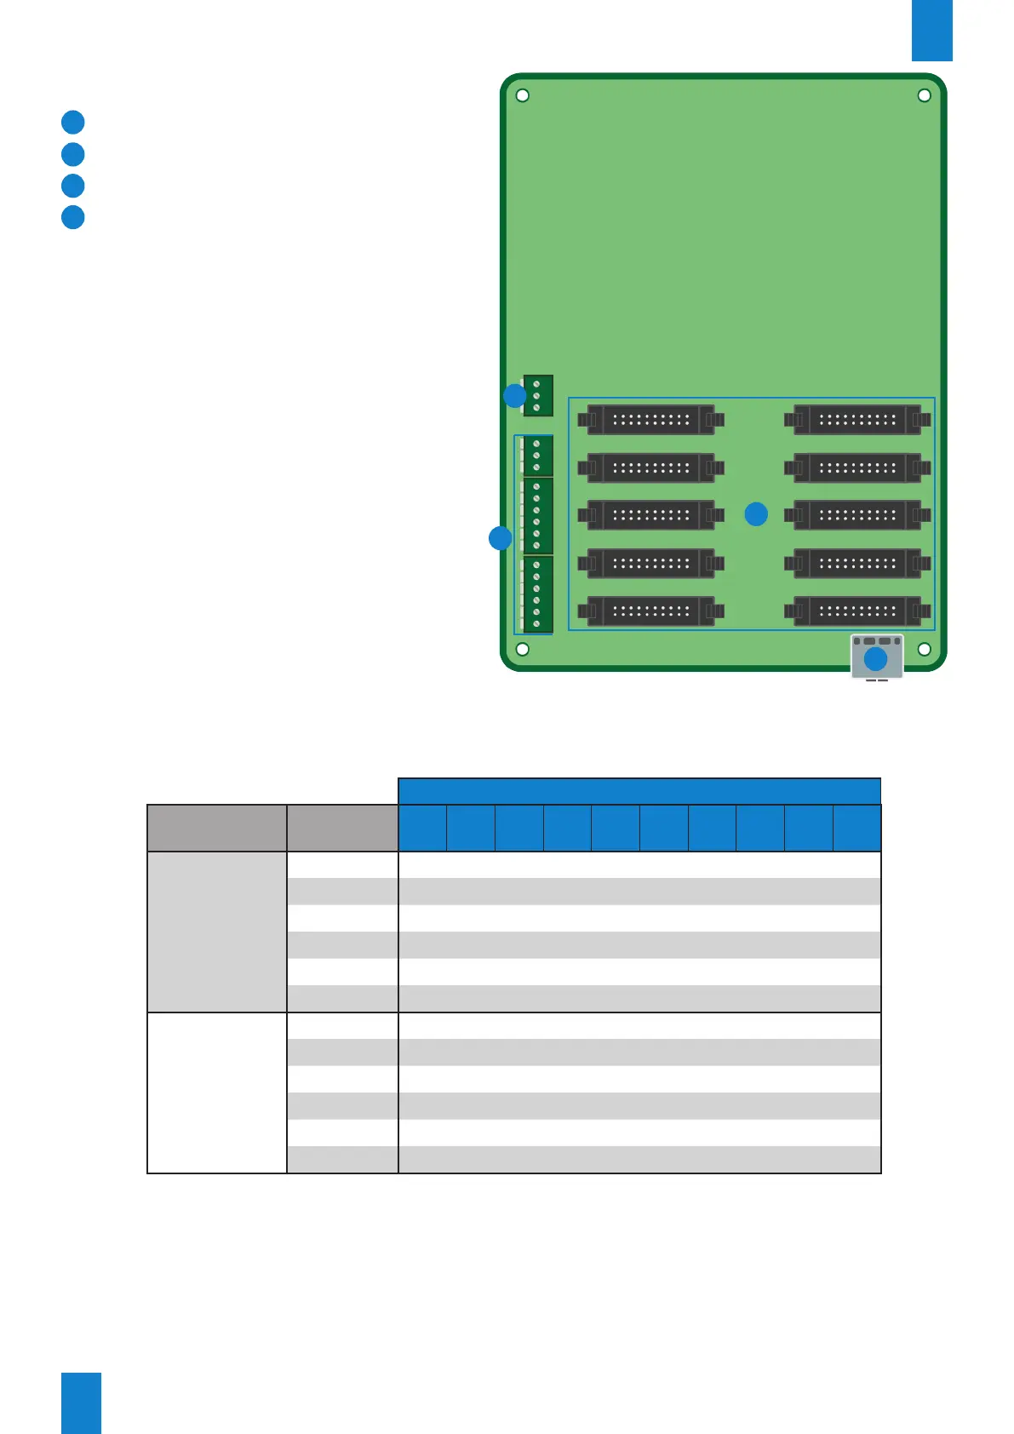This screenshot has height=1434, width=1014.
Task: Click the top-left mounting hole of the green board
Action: tap(523, 95)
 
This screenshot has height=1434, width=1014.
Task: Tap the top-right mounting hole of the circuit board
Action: tap(924, 95)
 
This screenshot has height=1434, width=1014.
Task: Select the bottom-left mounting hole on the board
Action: tap(523, 650)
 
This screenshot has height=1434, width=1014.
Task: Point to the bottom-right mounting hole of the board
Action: tap(924, 650)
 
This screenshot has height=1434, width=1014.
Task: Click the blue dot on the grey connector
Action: tap(875, 659)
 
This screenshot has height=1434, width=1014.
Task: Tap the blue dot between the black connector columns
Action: tap(756, 514)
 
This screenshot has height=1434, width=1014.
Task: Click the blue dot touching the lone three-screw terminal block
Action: tap(515, 396)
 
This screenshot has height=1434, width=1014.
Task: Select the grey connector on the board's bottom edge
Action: tap(877, 657)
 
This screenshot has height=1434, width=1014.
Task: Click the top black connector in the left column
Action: tap(650, 420)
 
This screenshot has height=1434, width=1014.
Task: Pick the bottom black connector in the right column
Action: tap(857, 611)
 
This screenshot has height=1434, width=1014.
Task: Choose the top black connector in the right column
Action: tap(857, 420)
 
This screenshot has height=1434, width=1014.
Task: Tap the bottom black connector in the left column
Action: tap(650, 611)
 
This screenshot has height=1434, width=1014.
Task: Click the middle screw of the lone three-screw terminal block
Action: tap(536, 396)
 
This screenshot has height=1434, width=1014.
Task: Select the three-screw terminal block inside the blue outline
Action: tap(537, 456)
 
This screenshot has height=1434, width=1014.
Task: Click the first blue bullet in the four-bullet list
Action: tap(73, 122)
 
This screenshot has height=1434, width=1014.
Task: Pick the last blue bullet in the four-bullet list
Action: tap(73, 217)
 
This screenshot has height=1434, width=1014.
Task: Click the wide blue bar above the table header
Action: tap(639, 790)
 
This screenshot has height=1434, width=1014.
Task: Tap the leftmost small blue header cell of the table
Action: tap(422, 828)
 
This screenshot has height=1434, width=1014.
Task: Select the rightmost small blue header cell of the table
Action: tap(856, 828)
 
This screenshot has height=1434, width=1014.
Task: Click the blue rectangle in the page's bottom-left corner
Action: tap(81, 1402)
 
